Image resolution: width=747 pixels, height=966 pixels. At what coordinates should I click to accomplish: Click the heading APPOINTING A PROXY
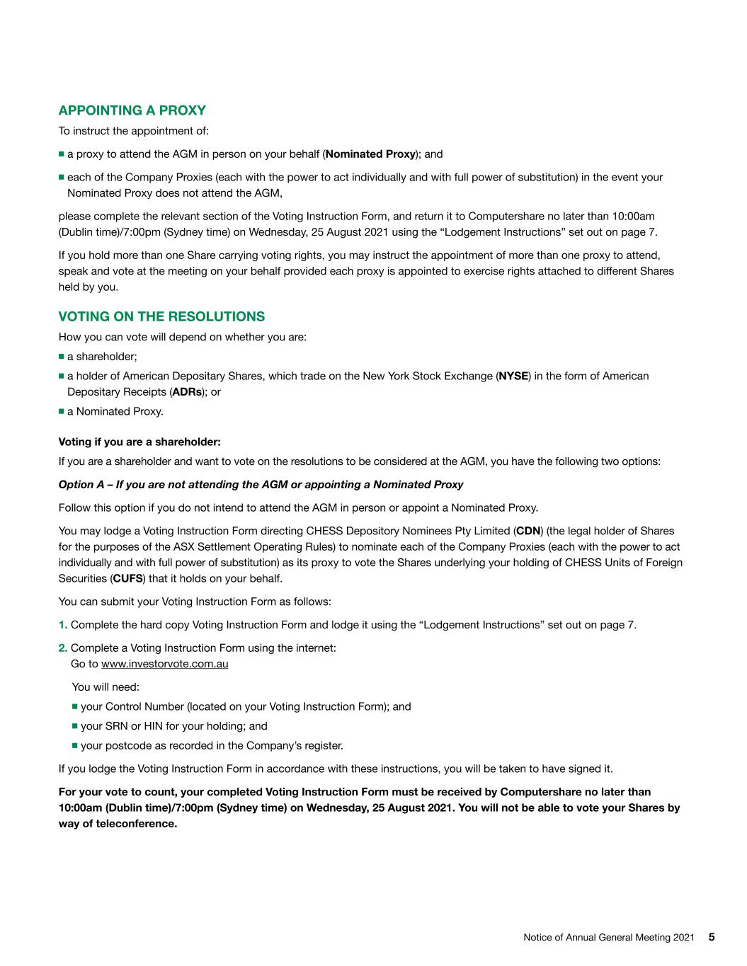[132, 110]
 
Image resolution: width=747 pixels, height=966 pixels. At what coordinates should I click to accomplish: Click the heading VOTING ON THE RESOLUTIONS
[161, 316]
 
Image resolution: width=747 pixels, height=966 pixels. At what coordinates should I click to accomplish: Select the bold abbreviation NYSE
[513, 376]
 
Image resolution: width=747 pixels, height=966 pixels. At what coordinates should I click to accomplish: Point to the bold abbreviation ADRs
[188, 392]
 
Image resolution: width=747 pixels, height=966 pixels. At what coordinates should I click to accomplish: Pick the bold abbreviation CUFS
[128, 579]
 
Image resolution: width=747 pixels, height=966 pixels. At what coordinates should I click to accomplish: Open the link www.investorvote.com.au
[164, 664]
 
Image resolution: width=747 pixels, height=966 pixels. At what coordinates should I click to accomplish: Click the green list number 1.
[62, 625]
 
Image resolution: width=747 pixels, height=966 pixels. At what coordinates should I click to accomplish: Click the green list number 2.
[62, 648]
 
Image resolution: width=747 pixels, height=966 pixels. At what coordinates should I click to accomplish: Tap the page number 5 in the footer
[712, 937]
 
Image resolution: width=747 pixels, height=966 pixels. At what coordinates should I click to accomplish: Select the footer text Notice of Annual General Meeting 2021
[608, 938]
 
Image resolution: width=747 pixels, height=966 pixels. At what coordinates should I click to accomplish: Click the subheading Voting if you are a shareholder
[139, 442]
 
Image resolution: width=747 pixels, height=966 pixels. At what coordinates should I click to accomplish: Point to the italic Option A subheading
[261, 485]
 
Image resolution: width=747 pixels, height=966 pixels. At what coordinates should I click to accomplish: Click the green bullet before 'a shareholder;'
[62, 357]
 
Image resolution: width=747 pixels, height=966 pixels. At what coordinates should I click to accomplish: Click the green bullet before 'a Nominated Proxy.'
[62, 411]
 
